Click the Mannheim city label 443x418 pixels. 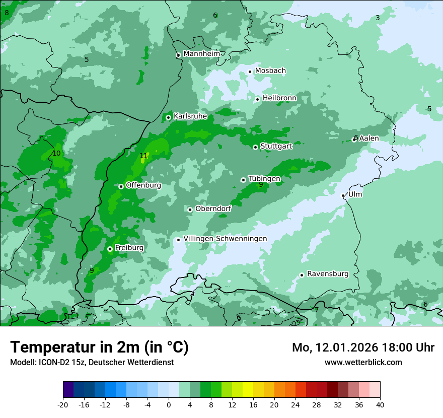click(201, 54)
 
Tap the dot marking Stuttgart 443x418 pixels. click(255, 147)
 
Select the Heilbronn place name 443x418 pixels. click(279, 98)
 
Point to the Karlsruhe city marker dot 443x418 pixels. click(168, 118)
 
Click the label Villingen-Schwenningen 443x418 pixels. click(225, 239)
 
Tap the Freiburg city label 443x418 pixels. click(129, 248)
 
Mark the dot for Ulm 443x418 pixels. click(343, 196)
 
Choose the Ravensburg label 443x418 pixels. click(328, 274)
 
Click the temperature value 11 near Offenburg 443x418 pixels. click(144, 156)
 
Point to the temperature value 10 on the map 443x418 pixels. click(56, 153)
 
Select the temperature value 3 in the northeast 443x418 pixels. click(378, 18)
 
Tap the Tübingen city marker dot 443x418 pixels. click(243, 180)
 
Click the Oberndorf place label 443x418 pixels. click(213, 208)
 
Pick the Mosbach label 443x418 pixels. click(270, 71)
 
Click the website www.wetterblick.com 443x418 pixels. click(363, 363)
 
